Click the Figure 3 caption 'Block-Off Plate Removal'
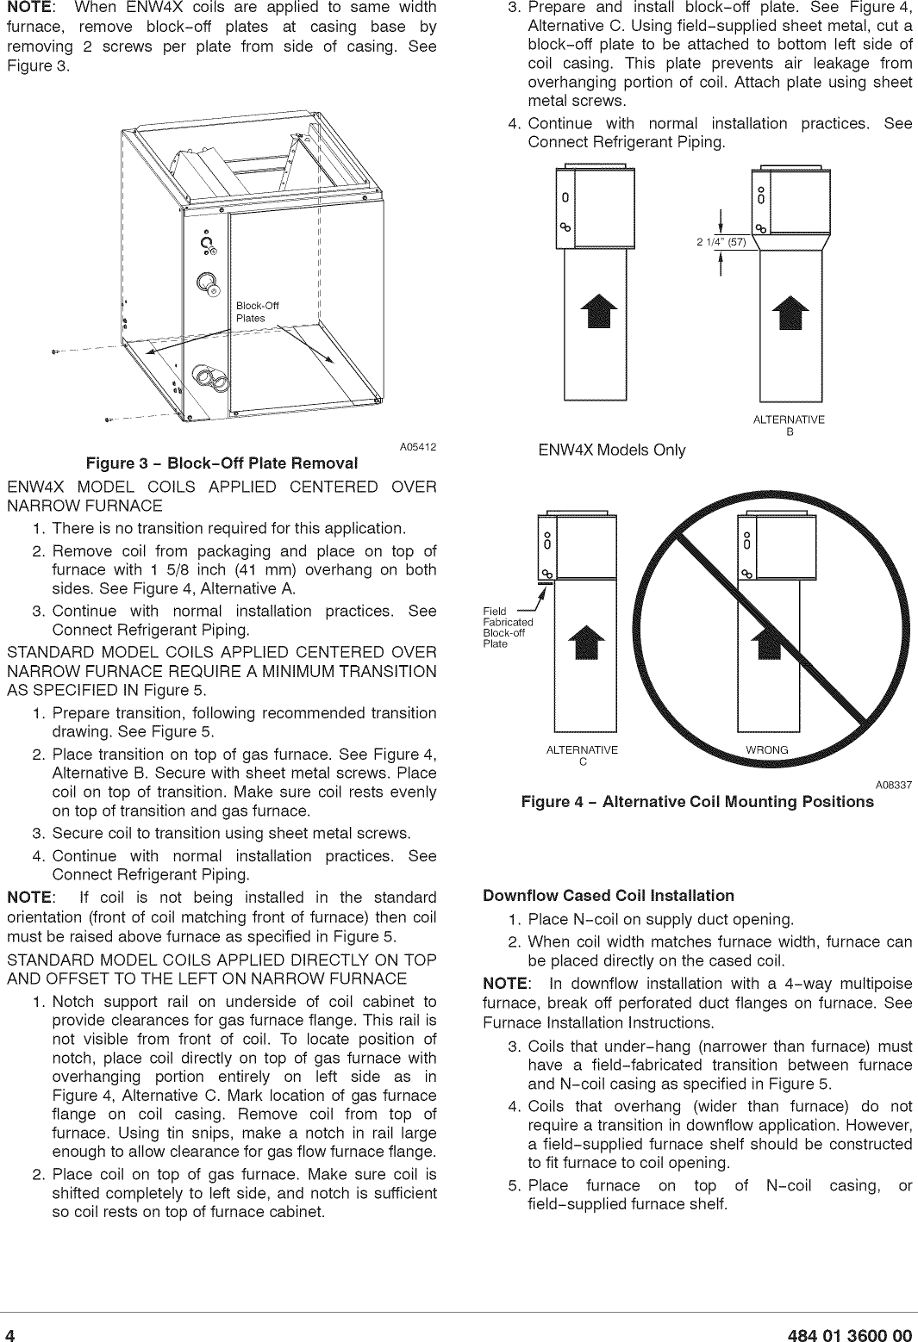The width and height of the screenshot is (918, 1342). coord(222,463)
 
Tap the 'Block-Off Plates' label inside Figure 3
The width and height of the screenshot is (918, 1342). coord(257,312)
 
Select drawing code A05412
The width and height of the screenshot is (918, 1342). coord(418,447)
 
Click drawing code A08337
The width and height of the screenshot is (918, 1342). coord(894,785)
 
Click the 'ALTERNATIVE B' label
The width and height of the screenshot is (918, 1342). coord(789,425)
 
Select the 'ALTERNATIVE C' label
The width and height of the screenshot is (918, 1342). coord(583,755)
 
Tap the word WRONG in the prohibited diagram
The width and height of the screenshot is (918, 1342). coord(766,749)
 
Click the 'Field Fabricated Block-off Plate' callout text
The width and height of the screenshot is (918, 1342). coord(508,627)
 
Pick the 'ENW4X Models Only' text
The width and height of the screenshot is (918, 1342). coord(611,450)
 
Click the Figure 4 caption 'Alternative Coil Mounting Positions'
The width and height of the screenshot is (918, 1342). coord(697,802)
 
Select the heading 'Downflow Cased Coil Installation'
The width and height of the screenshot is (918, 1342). coord(609,896)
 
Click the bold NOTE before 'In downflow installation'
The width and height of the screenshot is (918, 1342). coord(506,984)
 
